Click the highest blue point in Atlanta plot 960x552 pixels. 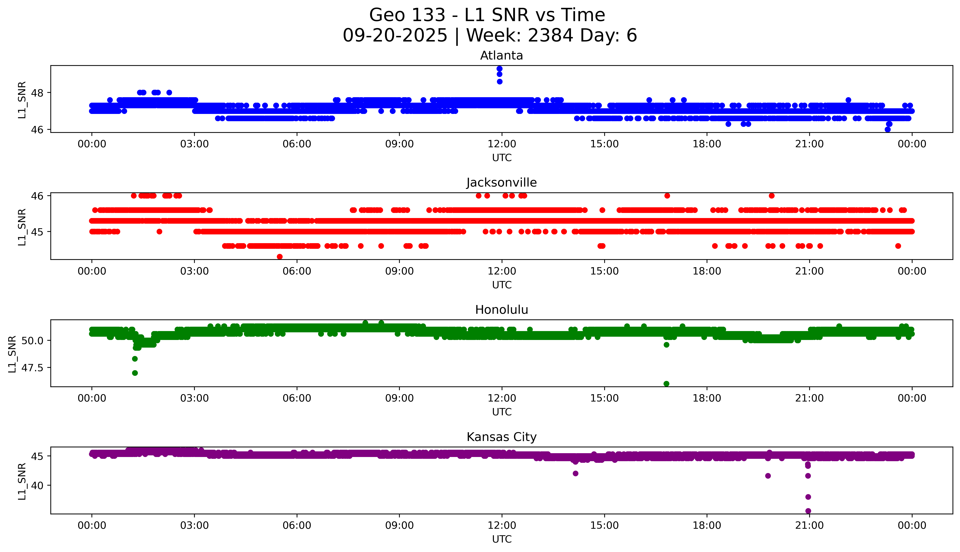pyautogui.click(x=499, y=69)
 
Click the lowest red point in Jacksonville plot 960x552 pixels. pyautogui.click(x=280, y=257)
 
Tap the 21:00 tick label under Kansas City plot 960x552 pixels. pyautogui.click(x=809, y=525)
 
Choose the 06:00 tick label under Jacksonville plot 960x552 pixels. pyautogui.click(x=297, y=271)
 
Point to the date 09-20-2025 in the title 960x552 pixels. pyautogui.click(x=395, y=36)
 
